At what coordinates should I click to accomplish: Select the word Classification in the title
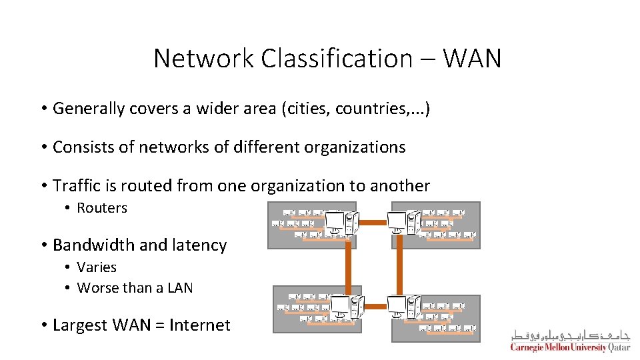pyautogui.click(x=337, y=59)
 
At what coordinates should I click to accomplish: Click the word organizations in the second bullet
pyautogui.click(x=353, y=147)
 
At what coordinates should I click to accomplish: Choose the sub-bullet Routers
pyautogui.click(x=102, y=208)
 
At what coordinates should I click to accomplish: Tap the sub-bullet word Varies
pyautogui.click(x=97, y=267)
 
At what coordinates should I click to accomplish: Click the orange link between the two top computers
pyautogui.click(x=375, y=222)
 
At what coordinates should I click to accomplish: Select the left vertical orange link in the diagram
pyautogui.click(x=349, y=265)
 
